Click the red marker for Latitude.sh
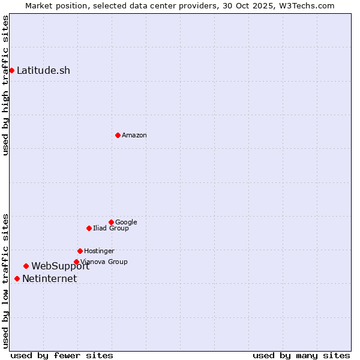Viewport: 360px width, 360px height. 11,70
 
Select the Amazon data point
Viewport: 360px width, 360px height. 118,135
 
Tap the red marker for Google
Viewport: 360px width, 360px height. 111,222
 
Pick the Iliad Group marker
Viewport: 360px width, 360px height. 89,228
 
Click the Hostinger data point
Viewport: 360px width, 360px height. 80,251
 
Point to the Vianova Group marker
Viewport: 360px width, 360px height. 76,262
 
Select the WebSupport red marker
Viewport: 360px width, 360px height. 26,266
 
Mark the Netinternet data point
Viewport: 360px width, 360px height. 17,278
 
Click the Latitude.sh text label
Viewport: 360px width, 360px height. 43,70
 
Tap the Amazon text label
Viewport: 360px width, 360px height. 134,135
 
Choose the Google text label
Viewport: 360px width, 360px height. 126,222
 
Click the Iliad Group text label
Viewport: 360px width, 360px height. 111,228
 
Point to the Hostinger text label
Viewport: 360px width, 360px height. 99,251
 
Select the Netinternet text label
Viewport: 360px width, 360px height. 50,278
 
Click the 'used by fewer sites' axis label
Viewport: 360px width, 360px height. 62,355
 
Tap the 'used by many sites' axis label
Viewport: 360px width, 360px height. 301,355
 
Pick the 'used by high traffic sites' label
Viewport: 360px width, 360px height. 5,85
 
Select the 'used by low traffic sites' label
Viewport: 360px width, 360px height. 5,280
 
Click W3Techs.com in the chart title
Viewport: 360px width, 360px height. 309,5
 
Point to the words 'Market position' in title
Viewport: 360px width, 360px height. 53,5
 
